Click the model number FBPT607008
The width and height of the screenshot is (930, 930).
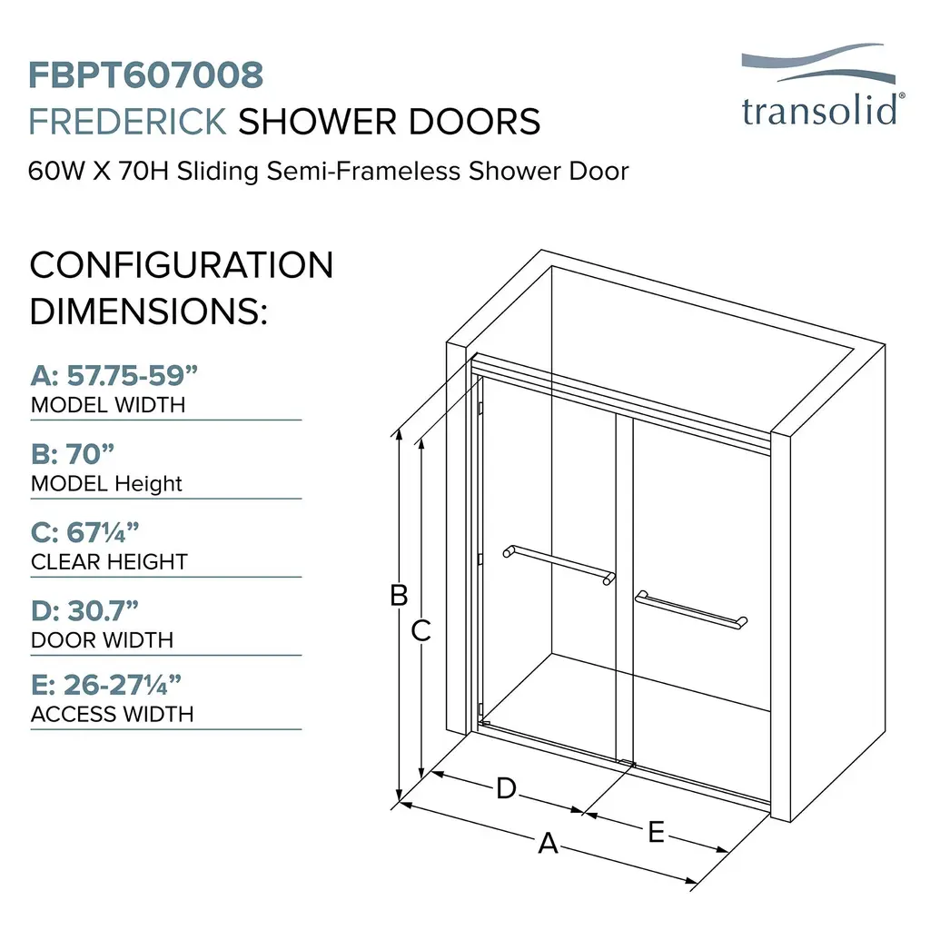[146, 75]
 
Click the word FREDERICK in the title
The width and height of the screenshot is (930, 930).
[127, 123]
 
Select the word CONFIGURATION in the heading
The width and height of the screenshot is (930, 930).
[182, 265]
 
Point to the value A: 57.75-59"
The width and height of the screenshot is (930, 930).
[114, 375]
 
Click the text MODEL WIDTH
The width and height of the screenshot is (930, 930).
[109, 405]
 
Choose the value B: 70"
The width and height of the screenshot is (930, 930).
[73, 454]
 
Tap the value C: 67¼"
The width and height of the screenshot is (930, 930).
[84, 532]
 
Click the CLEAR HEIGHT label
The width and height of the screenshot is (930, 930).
[109, 561]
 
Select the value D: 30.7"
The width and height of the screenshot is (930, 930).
[84, 611]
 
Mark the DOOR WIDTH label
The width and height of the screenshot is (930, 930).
[102, 640]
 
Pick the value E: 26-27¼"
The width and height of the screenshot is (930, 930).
[106, 685]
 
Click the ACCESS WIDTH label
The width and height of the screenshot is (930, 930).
[112, 714]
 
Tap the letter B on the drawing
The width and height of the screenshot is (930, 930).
[400, 595]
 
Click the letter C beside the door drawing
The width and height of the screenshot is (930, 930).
[421, 630]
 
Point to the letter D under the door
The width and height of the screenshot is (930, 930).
[507, 789]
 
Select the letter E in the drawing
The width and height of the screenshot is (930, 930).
[656, 832]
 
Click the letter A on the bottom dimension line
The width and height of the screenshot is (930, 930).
[548, 843]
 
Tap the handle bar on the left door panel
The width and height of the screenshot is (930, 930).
[559, 565]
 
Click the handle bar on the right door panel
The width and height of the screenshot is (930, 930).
[691, 609]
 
